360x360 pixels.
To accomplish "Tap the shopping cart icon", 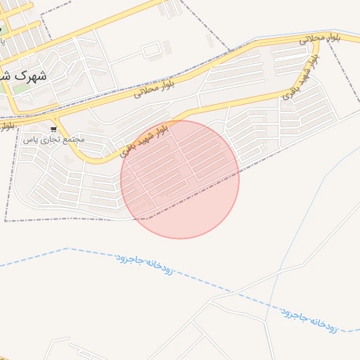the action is [53, 130].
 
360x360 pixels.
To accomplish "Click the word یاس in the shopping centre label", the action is [30, 140].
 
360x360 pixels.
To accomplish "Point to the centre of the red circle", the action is [180, 179].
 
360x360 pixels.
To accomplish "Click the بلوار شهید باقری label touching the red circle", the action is [145, 139].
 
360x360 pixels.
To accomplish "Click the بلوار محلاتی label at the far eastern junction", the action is [320, 38].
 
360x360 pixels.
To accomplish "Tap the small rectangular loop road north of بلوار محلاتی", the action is [151, 51].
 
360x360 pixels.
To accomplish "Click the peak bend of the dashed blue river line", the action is [68, 248].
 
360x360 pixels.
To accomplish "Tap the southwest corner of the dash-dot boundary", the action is [6, 221].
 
